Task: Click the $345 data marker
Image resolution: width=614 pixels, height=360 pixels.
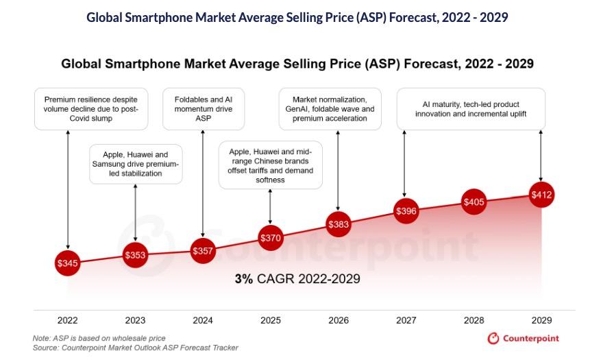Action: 68,263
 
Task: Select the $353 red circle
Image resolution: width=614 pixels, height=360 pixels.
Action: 136,256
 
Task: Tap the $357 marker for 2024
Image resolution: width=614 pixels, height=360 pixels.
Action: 203,251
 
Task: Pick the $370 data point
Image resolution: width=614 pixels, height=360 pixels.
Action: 271,238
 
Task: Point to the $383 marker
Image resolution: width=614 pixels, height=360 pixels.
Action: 339,224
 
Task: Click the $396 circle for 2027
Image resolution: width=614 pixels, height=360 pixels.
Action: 406,211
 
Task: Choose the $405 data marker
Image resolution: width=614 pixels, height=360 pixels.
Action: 474,202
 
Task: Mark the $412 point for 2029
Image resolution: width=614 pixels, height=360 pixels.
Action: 541,195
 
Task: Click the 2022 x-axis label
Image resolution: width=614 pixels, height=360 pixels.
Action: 68,320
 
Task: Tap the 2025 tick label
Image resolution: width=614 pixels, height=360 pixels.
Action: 271,320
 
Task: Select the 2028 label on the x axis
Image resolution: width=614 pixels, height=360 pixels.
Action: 474,320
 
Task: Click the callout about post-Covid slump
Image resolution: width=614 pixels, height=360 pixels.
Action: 92,108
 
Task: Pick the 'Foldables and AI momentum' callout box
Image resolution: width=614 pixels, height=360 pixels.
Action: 203,108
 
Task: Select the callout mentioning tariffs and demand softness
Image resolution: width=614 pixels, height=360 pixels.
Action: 271,165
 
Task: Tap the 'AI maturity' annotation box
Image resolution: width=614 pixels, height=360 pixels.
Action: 471,108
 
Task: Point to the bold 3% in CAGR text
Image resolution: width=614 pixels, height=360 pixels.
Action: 244,279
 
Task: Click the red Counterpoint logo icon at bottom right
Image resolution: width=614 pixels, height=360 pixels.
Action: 493,339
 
